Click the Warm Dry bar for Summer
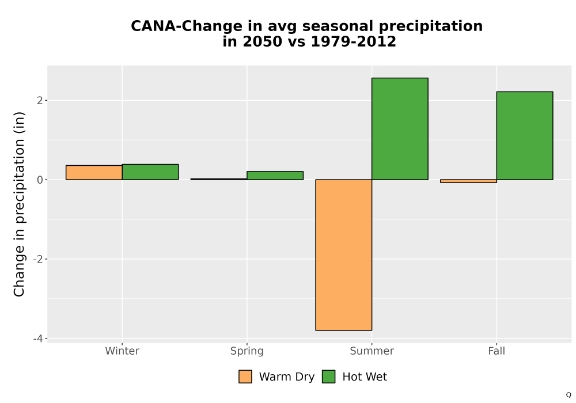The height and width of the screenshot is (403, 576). click(343, 254)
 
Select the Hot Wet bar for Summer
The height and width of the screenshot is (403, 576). click(400, 129)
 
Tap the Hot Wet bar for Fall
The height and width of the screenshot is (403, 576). click(525, 136)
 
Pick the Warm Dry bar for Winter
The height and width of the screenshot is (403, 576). click(94, 173)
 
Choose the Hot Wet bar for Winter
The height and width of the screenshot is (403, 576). click(150, 172)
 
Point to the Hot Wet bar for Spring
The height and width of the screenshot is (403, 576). click(275, 176)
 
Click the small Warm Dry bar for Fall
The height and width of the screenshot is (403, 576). click(468, 181)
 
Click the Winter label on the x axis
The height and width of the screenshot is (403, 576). click(122, 351)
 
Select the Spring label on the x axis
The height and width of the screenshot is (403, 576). click(247, 351)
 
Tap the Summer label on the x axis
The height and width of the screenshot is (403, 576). click(372, 351)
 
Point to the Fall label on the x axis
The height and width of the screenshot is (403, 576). click(497, 351)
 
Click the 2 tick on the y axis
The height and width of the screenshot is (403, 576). click(40, 100)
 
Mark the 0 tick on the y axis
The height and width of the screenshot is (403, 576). click(40, 180)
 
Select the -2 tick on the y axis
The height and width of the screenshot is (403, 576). click(38, 259)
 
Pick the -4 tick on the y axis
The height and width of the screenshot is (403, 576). click(38, 339)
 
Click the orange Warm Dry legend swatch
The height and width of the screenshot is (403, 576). click(245, 377)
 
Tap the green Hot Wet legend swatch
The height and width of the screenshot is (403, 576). click(329, 377)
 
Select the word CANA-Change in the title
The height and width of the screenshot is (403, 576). click(187, 26)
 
